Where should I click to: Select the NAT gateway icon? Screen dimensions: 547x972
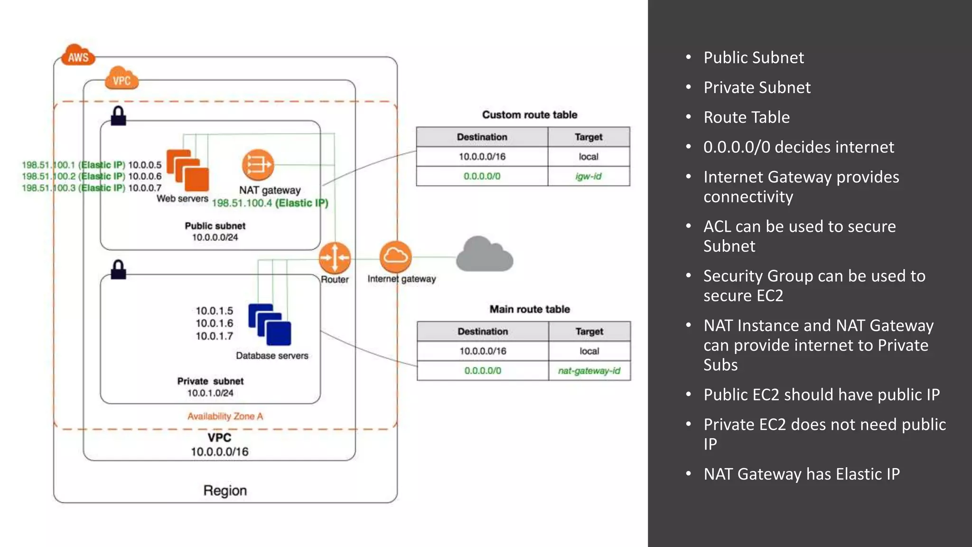click(258, 165)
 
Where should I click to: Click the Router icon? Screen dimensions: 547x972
click(335, 258)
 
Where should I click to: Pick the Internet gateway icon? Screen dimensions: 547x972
click(395, 257)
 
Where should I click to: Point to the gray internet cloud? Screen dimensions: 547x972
click(484, 255)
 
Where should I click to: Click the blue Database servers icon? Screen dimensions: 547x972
click(270, 325)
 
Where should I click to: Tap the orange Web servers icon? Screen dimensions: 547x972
click(187, 170)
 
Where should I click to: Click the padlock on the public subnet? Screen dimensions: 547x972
click(118, 116)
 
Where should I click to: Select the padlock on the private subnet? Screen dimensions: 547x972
click(118, 270)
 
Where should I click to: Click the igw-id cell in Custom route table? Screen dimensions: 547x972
click(588, 176)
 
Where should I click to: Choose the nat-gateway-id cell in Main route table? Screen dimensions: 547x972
click(589, 371)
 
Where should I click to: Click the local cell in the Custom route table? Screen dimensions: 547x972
click(588, 157)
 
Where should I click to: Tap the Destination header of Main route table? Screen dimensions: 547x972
click(482, 331)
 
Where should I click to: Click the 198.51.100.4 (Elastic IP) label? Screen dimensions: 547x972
click(270, 203)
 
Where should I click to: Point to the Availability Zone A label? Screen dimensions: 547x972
click(225, 416)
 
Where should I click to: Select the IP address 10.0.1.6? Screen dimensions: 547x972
click(215, 323)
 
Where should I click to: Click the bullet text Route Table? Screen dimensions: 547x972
click(746, 117)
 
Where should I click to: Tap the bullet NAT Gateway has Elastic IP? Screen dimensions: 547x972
click(801, 474)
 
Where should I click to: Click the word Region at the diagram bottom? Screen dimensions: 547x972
click(225, 490)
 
